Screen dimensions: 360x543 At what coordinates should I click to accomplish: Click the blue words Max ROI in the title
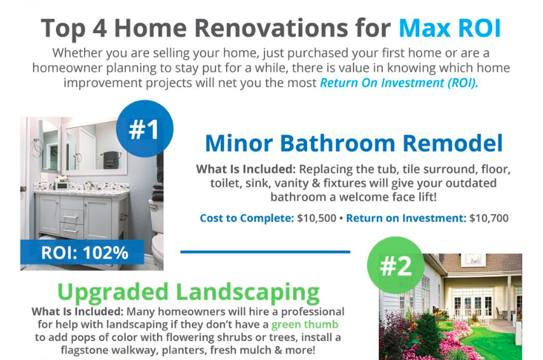pos(450,28)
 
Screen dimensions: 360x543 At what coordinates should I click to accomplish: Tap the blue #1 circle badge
pos(144,129)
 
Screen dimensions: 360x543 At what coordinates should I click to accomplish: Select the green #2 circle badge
pos(395,266)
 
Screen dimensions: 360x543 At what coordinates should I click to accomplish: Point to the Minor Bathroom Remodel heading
pos(354,143)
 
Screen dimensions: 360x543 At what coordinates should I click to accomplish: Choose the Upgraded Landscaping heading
pos(188,291)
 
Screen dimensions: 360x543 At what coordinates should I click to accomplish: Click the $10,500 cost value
pos(317,218)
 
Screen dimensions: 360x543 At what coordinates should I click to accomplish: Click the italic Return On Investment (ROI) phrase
pos(399,83)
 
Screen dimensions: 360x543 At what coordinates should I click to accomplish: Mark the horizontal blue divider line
pos(265,252)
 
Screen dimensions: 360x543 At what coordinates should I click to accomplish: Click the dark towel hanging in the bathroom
pos(112,159)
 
